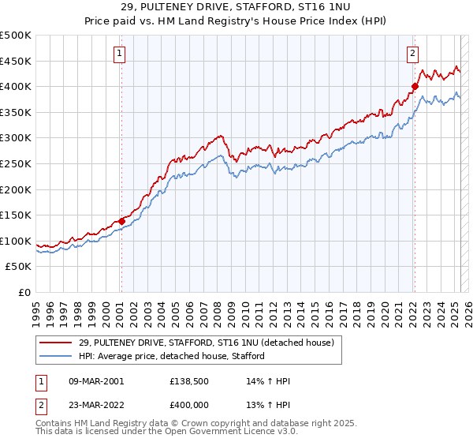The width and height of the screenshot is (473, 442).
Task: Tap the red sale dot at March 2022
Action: (415, 86)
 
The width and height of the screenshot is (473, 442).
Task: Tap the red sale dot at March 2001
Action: (121, 221)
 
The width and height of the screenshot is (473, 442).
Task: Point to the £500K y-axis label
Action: (16, 36)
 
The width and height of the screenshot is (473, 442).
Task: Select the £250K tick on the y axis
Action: (16, 164)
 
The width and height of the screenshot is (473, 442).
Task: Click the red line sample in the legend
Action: (56, 343)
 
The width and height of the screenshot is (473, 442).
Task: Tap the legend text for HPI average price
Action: (171, 356)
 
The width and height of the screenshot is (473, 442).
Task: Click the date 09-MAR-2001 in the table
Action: (95, 381)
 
